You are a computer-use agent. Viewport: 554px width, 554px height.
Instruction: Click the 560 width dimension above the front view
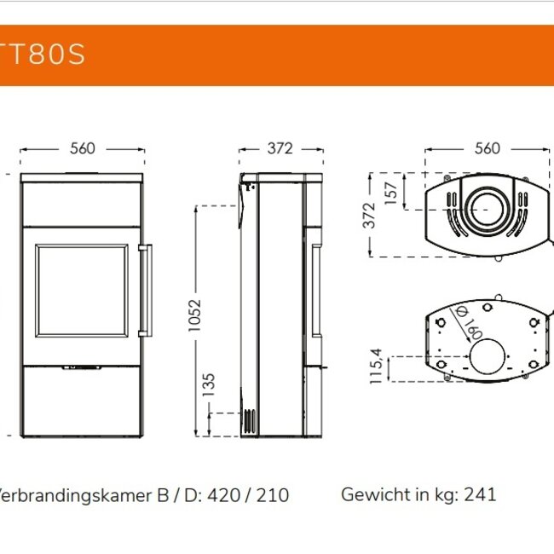[x=82, y=148]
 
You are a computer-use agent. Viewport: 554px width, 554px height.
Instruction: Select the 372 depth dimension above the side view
[x=280, y=148]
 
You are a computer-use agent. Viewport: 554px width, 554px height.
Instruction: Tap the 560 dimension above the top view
[x=487, y=148]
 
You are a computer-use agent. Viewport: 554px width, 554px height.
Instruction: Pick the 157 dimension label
[x=391, y=192]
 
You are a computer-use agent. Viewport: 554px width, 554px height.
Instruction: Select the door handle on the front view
[x=146, y=290]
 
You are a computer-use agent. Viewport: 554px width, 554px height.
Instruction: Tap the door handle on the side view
[x=316, y=290]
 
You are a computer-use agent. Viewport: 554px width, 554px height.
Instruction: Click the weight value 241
[x=480, y=493]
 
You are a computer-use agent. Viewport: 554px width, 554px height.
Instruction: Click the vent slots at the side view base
[x=248, y=421]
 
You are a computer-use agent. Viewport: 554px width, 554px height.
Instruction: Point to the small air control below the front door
[x=83, y=369]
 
